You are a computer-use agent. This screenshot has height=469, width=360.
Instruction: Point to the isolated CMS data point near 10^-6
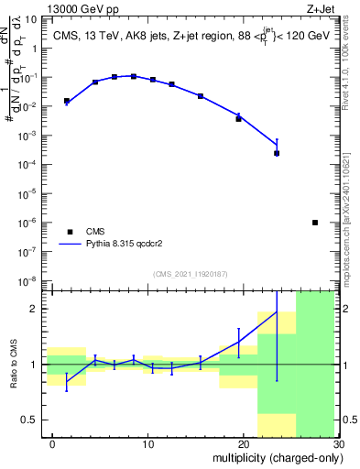click(x=315, y=223)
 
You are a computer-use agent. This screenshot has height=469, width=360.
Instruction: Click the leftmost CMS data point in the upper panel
click(x=67, y=101)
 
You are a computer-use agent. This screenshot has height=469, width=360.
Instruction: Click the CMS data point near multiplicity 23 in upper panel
click(x=277, y=153)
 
